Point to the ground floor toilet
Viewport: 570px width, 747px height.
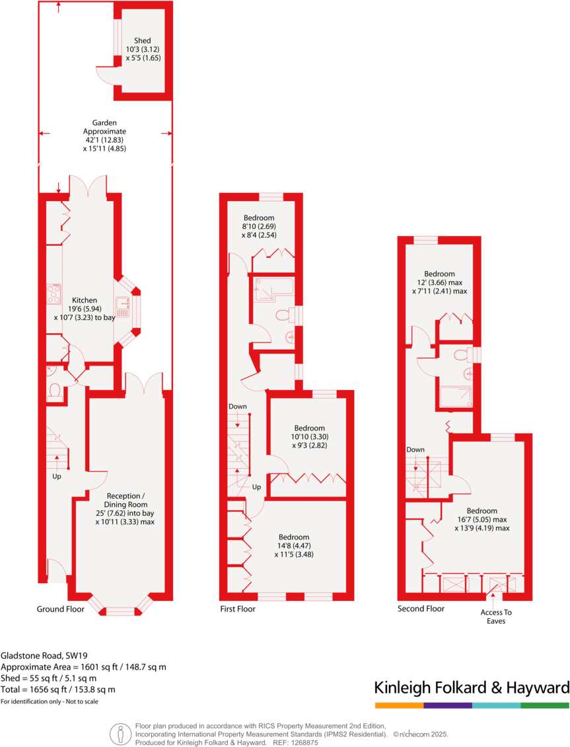tap(55, 390)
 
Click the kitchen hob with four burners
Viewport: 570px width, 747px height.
tap(53, 294)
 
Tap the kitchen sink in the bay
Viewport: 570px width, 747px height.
tap(123, 305)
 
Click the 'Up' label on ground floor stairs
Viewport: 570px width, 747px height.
tap(57, 476)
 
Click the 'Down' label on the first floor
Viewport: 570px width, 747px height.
tap(237, 406)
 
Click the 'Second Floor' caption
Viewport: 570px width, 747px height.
tap(421, 609)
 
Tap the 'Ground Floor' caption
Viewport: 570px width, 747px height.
tap(60, 609)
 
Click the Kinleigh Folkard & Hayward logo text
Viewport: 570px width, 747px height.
tap(472, 687)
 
